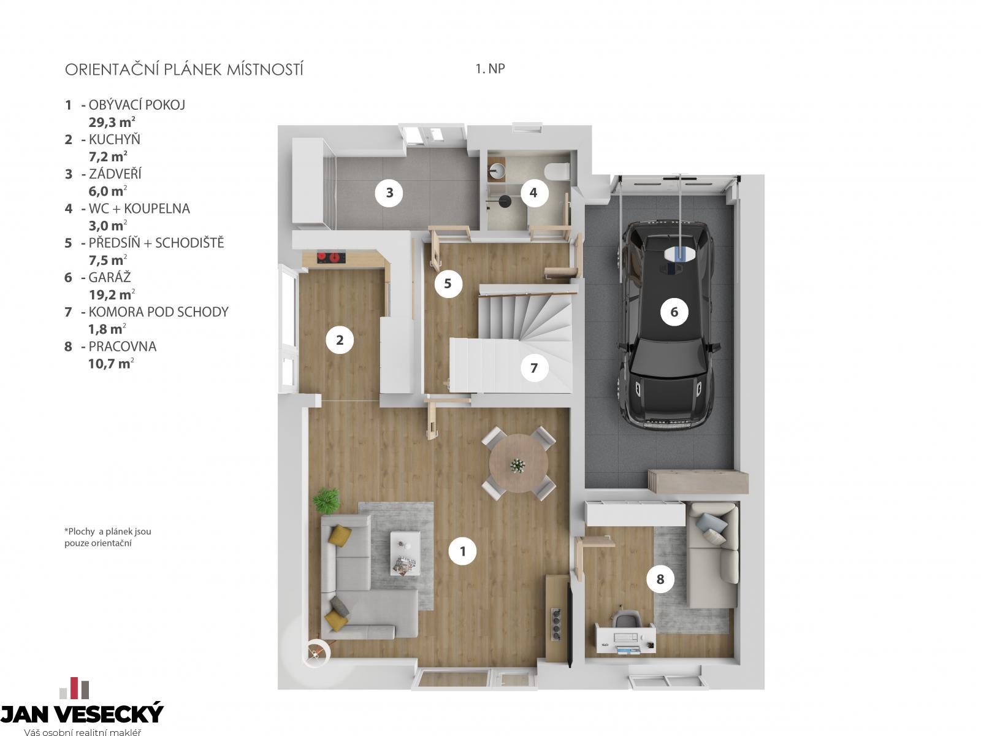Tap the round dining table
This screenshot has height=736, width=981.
[x=519, y=464]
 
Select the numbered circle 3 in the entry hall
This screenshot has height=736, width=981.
[x=389, y=193]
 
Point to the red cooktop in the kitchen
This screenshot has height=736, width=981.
[x=331, y=258]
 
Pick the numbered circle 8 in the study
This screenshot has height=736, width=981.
[x=660, y=579]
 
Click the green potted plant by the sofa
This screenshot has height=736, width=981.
[x=326, y=500]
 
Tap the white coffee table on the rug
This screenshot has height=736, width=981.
[x=405, y=553]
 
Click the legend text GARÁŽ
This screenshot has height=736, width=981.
[x=110, y=277]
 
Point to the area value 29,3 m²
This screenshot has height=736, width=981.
[x=112, y=122]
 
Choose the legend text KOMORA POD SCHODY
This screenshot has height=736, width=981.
[x=159, y=312]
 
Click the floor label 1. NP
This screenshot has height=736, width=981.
[x=490, y=69]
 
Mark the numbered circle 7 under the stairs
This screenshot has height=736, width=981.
[x=533, y=368]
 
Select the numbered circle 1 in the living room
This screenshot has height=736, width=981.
[x=462, y=551]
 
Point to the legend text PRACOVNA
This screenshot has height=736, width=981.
[x=123, y=347]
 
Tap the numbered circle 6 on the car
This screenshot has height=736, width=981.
[x=674, y=312]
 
